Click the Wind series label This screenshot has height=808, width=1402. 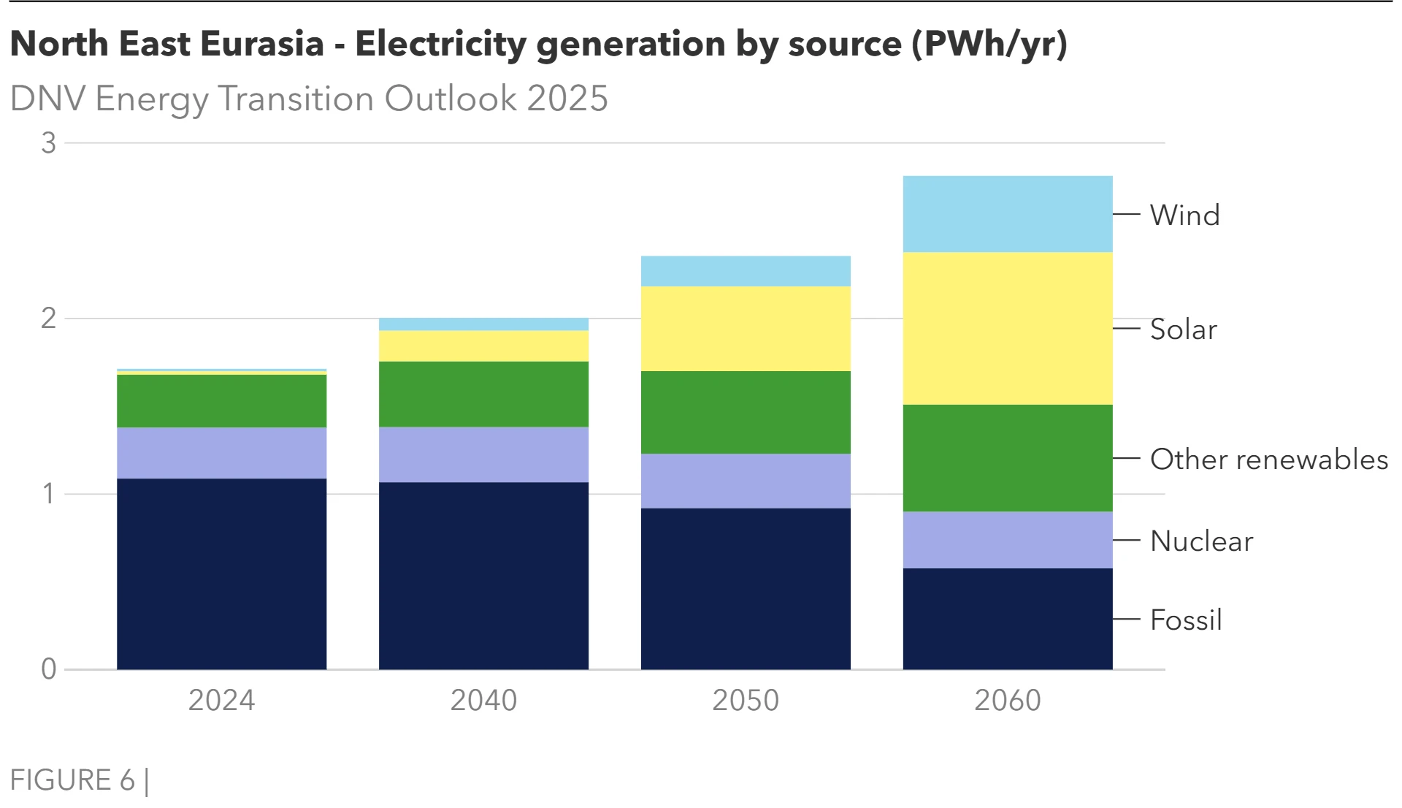1184,215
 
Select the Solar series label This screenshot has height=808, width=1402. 1183,329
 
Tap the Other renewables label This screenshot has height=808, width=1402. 1268,459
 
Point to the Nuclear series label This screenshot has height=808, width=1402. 1201,541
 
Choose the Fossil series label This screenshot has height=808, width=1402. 1185,620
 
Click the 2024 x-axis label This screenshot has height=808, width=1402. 221,700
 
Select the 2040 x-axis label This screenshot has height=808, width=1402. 483,700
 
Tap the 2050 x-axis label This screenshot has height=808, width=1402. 746,700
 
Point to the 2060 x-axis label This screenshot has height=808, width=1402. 1008,700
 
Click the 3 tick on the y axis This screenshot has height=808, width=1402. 48,143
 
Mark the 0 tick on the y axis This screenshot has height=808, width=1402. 48,668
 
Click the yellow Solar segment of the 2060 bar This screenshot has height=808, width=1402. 1008,328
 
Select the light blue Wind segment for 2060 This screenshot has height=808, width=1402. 1008,214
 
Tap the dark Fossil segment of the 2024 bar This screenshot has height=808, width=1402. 221,573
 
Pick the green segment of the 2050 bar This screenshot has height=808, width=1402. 746,412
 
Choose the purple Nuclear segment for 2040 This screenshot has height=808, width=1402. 483,454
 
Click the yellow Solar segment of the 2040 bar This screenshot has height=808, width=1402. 483,346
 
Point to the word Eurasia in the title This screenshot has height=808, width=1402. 261,44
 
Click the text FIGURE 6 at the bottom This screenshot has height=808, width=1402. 72,780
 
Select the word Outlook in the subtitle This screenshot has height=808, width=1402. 451,99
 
